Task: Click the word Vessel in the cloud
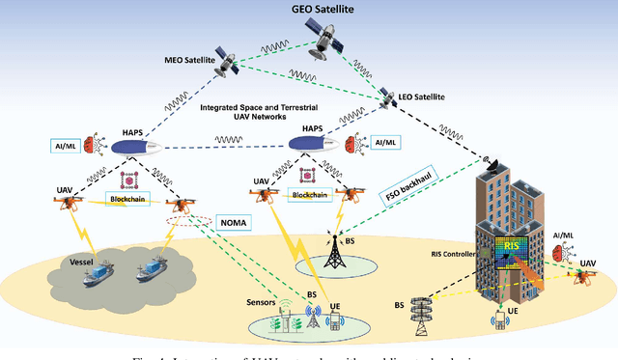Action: pos(60,261)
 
